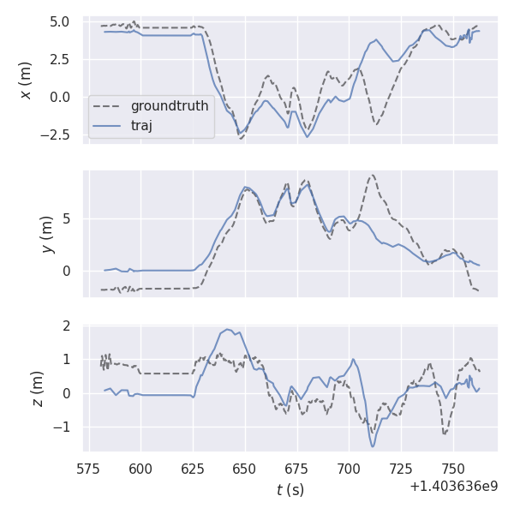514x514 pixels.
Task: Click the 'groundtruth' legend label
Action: [x=170, y=106]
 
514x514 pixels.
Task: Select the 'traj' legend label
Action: [x=141, y=125]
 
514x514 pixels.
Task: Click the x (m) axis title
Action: [x=26, y=79]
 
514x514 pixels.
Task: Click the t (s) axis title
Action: [x=290, y=490]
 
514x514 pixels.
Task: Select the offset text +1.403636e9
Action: [x=454, y=486]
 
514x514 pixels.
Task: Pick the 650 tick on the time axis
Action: [x=244, y=469]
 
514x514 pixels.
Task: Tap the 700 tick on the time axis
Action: [x=349, y=469]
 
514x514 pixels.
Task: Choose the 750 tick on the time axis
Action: [x=453, y=469]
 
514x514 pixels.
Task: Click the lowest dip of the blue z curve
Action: [x=373, y=446]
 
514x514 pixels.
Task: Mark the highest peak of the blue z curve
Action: [x=226, y=329]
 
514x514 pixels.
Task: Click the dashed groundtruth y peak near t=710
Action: [x=371, y=175]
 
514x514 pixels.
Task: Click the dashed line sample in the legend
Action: [x=108, y=106]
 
